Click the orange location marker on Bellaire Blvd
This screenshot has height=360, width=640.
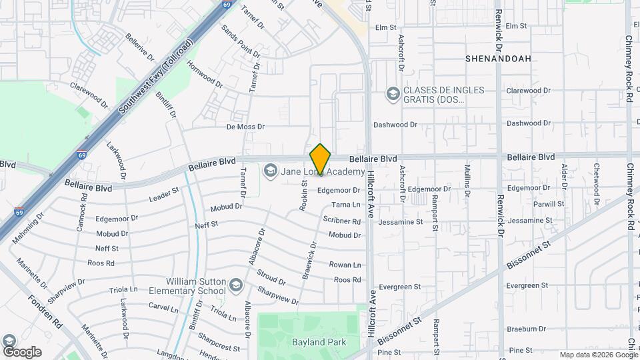321,159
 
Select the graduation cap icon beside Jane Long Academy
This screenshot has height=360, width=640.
270,172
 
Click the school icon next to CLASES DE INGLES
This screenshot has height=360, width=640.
393,93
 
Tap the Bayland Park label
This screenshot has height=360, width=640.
317,342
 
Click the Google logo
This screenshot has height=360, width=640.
22,351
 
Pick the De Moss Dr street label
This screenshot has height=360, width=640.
245,126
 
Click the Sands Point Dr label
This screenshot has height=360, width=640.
241,41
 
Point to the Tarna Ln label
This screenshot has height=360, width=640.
346,205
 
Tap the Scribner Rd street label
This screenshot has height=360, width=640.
342,220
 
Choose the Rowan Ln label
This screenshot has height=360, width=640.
345,265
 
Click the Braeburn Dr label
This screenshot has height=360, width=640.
526,329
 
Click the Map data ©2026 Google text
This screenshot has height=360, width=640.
598,355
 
